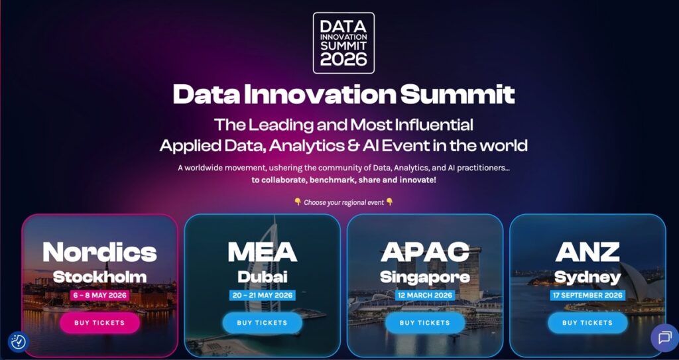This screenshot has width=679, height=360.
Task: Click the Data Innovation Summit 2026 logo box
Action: (x=343, y=42)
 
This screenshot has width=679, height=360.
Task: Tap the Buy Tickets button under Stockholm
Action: (x=99, y=323)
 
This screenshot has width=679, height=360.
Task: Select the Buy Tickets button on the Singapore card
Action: (x=424, y=323)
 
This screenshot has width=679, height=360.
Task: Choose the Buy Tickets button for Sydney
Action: (x=587, y=323)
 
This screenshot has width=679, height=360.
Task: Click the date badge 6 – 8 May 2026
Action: (x=99, y=295)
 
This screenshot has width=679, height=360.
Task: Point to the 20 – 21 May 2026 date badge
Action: (x=262, y=295)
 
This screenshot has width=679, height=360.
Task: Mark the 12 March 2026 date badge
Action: (x=424, y=295)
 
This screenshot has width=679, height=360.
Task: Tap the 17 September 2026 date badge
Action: (x=587, y=295)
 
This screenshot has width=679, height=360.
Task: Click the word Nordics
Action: (x=99, y=252)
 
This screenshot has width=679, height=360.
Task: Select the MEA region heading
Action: (x=262, y=252)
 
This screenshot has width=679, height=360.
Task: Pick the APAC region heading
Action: (x=424, y=252)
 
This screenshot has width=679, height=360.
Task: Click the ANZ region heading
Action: (x=587, y=252)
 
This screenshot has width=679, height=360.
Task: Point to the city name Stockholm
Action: (x=99, y=276)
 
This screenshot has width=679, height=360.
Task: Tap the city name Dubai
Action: (x=262, y=276)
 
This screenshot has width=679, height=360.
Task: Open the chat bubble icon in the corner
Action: (x=664, y=338)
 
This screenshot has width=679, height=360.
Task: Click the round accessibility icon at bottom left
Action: (x=18, y=341)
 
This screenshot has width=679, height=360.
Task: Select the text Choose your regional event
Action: (x=343, y=202)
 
